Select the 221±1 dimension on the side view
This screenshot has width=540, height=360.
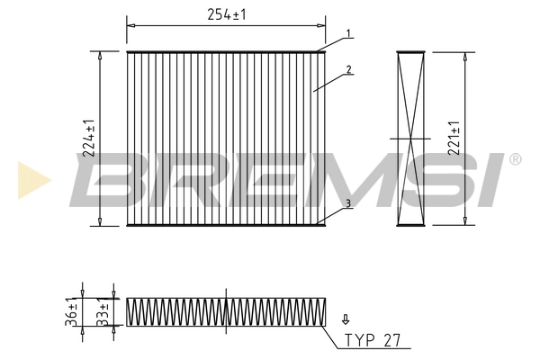(457, 138)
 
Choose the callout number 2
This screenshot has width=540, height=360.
(347, 69)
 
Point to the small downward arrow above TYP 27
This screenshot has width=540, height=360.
(346, 319)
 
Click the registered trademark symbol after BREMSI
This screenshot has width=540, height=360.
(515, 159)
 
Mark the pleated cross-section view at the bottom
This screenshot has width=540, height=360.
(226, 310)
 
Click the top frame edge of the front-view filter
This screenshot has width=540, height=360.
(226, 51)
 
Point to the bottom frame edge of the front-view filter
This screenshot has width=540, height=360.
(226, 224)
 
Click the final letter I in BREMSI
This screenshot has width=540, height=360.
(492, 179)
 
